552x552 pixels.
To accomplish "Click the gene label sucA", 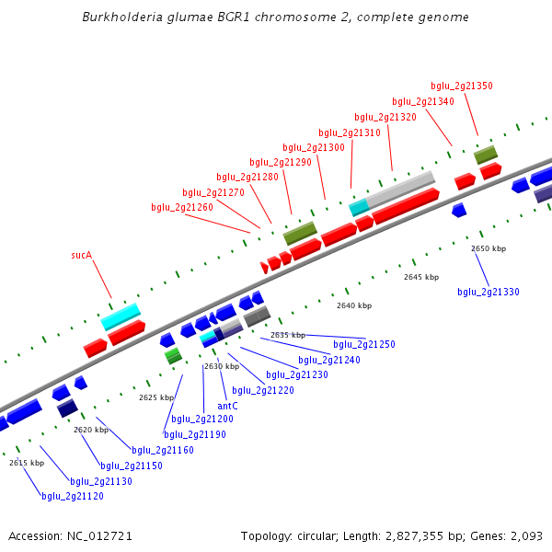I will click(x=82, y=255).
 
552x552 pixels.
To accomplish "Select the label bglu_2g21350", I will click(x=462, y=86).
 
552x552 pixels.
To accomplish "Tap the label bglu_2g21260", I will click(x=182, y=208).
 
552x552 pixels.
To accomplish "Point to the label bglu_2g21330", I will click(x=489, y=293).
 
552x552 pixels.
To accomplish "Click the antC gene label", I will click(x=227, y=406).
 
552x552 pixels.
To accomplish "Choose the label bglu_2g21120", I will click(x=73, y=496).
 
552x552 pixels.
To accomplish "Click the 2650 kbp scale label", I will click(x=489, y=248).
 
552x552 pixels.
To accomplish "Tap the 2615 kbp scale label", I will click(x=27, y=463).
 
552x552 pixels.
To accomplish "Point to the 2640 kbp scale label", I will click(x=354, y=305).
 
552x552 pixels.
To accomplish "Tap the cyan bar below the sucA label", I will click(x=121, y=316).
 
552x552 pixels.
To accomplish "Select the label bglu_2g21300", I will click(x=314, y=147).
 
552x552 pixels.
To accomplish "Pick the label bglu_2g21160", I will click(x=163, y=450).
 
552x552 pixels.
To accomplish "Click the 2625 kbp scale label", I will click(x=156, y=397).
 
